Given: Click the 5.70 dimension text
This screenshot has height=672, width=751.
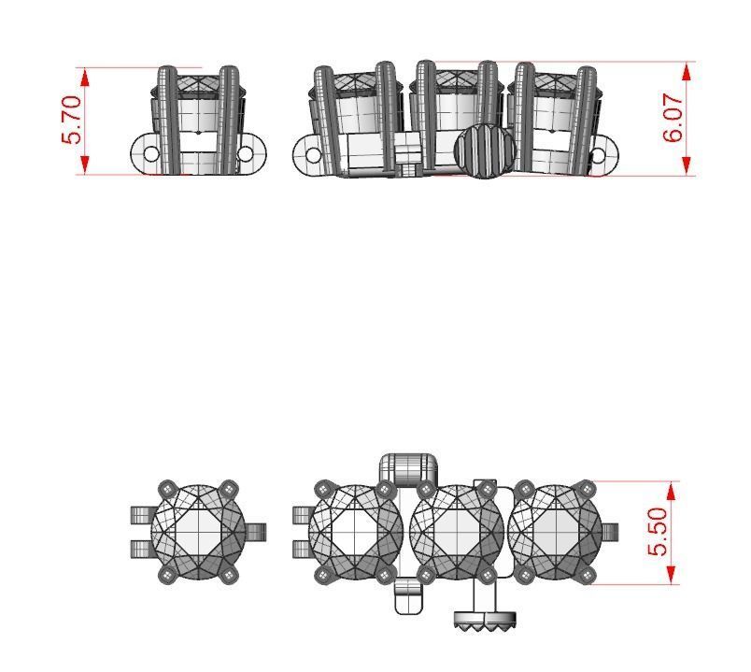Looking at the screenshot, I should tap(72, 120).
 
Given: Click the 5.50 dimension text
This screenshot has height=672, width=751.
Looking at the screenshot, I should tap(659, 532).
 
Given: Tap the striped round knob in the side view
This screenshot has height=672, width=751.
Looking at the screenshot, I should tap(484, 150).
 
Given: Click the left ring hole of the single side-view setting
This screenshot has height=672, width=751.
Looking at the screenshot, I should tap(151, 153).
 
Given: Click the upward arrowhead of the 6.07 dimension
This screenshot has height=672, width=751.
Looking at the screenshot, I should tap(688, 70).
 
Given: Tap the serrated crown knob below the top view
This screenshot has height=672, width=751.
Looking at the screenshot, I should tap(486, 620).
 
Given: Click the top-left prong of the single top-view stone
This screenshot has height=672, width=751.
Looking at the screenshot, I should tap(167, 489).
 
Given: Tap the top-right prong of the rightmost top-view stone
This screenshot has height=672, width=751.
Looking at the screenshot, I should tap(587, 488).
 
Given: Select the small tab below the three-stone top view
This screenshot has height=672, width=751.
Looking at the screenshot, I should tap(408, 595).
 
